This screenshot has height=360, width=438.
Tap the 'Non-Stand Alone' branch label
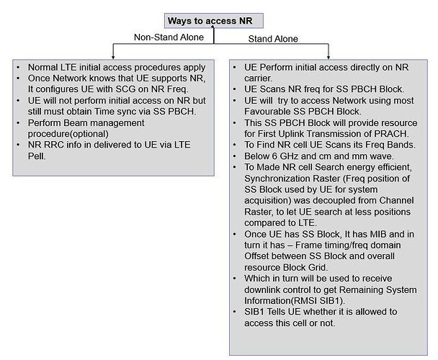168,37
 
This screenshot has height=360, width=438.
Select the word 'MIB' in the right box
367,235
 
